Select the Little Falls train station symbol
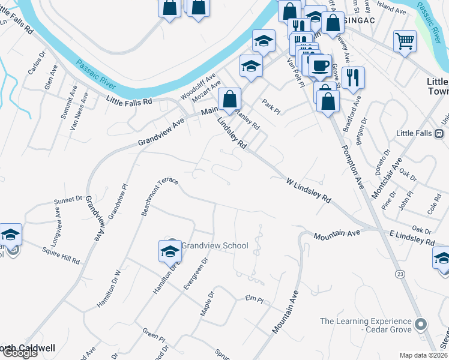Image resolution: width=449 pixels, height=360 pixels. point(439,133)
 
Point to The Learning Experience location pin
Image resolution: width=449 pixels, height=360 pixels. point(421,325)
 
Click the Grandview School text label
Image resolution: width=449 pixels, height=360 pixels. point(215,245)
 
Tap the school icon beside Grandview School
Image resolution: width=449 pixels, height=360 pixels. point(170,251)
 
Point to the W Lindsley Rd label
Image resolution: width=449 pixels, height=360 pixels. point(309,189)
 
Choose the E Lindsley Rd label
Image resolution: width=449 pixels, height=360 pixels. point(412,237)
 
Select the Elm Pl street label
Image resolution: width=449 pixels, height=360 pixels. point(255,298)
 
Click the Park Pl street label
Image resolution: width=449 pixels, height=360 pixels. point(271,106)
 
